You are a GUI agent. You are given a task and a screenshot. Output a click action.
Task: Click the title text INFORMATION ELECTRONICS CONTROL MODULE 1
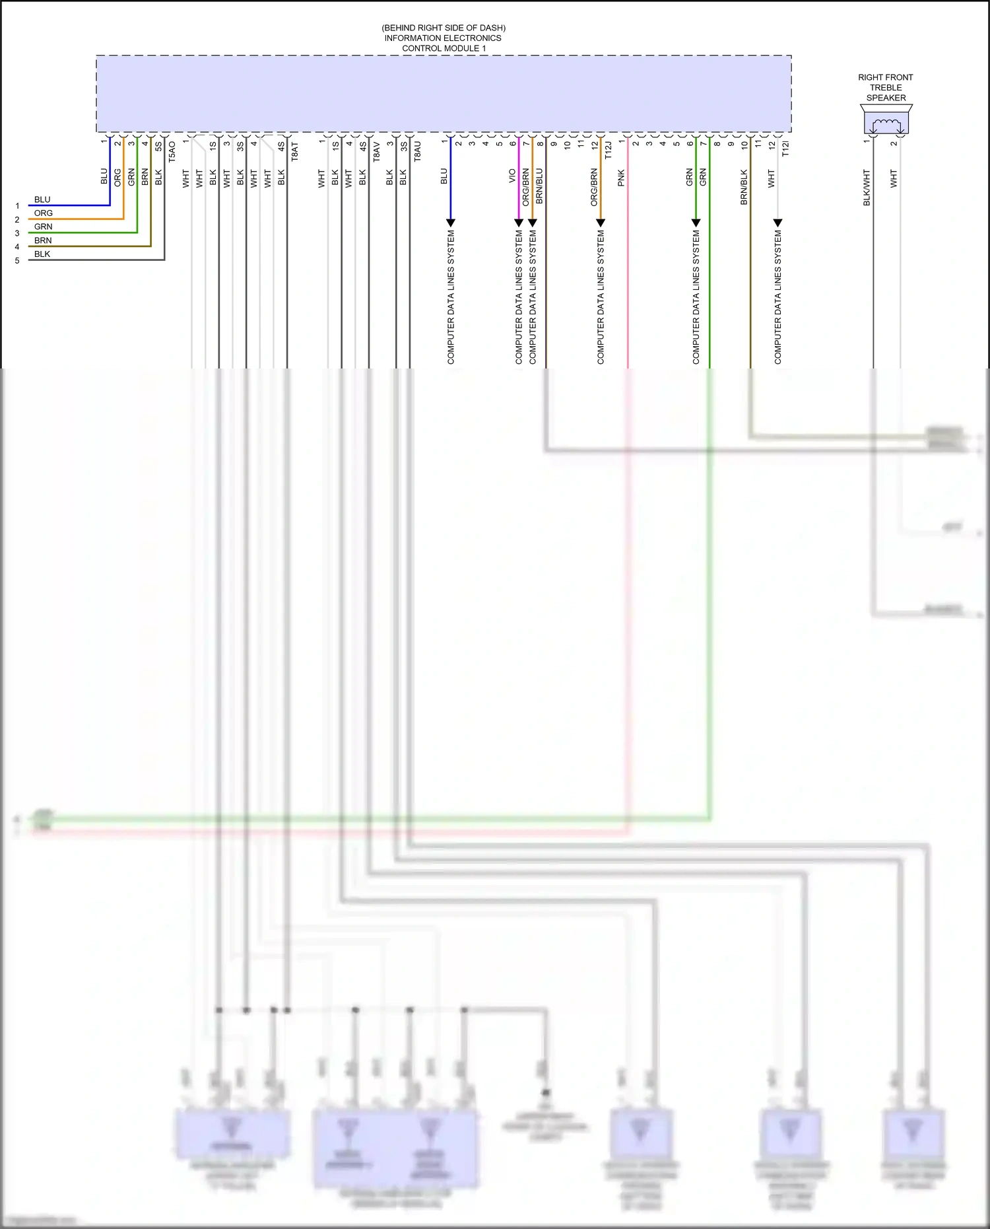(443, 43)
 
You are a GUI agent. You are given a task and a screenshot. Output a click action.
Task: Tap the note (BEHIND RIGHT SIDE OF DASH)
(444, 28)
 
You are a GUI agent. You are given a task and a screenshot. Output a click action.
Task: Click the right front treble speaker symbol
(886, 123)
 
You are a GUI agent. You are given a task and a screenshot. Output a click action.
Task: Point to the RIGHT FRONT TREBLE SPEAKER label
(886, 87)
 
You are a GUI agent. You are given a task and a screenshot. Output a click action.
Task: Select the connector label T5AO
(172, 152)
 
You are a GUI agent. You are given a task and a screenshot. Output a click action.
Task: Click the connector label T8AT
(295, 152)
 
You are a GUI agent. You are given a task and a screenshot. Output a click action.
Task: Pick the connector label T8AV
(377, 152)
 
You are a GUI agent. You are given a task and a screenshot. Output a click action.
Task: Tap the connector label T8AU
(418, 152)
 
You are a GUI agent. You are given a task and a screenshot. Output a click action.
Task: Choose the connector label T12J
(609, 150)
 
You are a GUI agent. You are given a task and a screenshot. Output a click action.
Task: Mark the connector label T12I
(785, 149)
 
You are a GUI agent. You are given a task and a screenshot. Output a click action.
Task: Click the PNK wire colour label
(621, 178)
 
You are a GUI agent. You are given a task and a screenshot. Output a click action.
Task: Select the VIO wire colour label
(512, 176)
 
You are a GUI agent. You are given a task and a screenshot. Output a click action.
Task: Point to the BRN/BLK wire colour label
(744, 187)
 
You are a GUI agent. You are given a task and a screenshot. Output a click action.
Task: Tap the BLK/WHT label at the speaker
(867, 188)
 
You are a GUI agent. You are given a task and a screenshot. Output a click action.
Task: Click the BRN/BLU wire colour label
(539, 186)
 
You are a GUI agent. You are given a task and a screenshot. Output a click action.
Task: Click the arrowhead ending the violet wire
(519, 223)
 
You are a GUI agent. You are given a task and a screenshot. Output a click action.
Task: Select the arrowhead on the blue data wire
(451, 223)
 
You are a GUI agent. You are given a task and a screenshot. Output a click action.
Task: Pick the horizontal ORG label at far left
(44, 213)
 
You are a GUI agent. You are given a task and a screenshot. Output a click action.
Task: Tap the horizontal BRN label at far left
(43, 240)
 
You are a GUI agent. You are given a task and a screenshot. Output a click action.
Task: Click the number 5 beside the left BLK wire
(17, 261)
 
